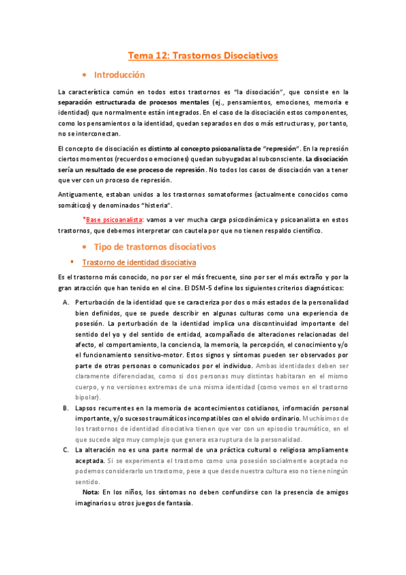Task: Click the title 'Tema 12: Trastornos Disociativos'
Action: [x=203, y=56]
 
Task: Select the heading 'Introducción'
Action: [x=119, y=75]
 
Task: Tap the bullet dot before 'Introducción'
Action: [x=83, y=75]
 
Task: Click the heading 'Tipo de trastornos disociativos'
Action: [x=154, y=246]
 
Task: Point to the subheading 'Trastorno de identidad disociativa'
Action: [x=139, y=262]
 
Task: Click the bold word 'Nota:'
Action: [x=91, y=491]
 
